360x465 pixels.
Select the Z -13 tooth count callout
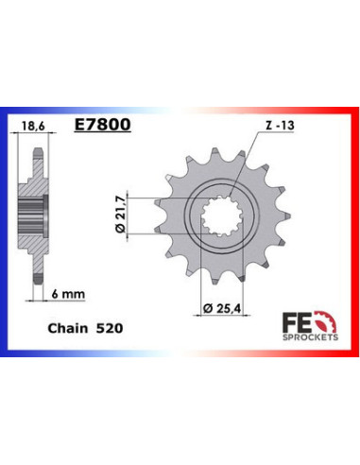271,123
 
